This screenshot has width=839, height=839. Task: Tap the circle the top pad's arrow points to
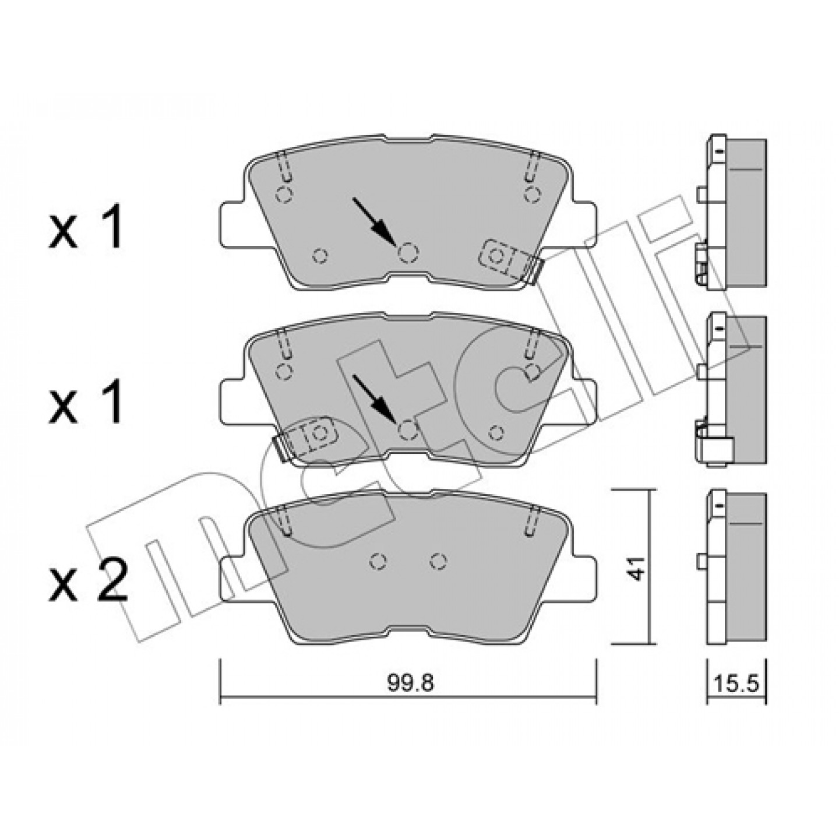[x=408, y=252]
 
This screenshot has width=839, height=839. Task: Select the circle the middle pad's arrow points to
[x=408, y=430]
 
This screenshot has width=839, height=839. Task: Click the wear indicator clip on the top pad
[x=509, y=261]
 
